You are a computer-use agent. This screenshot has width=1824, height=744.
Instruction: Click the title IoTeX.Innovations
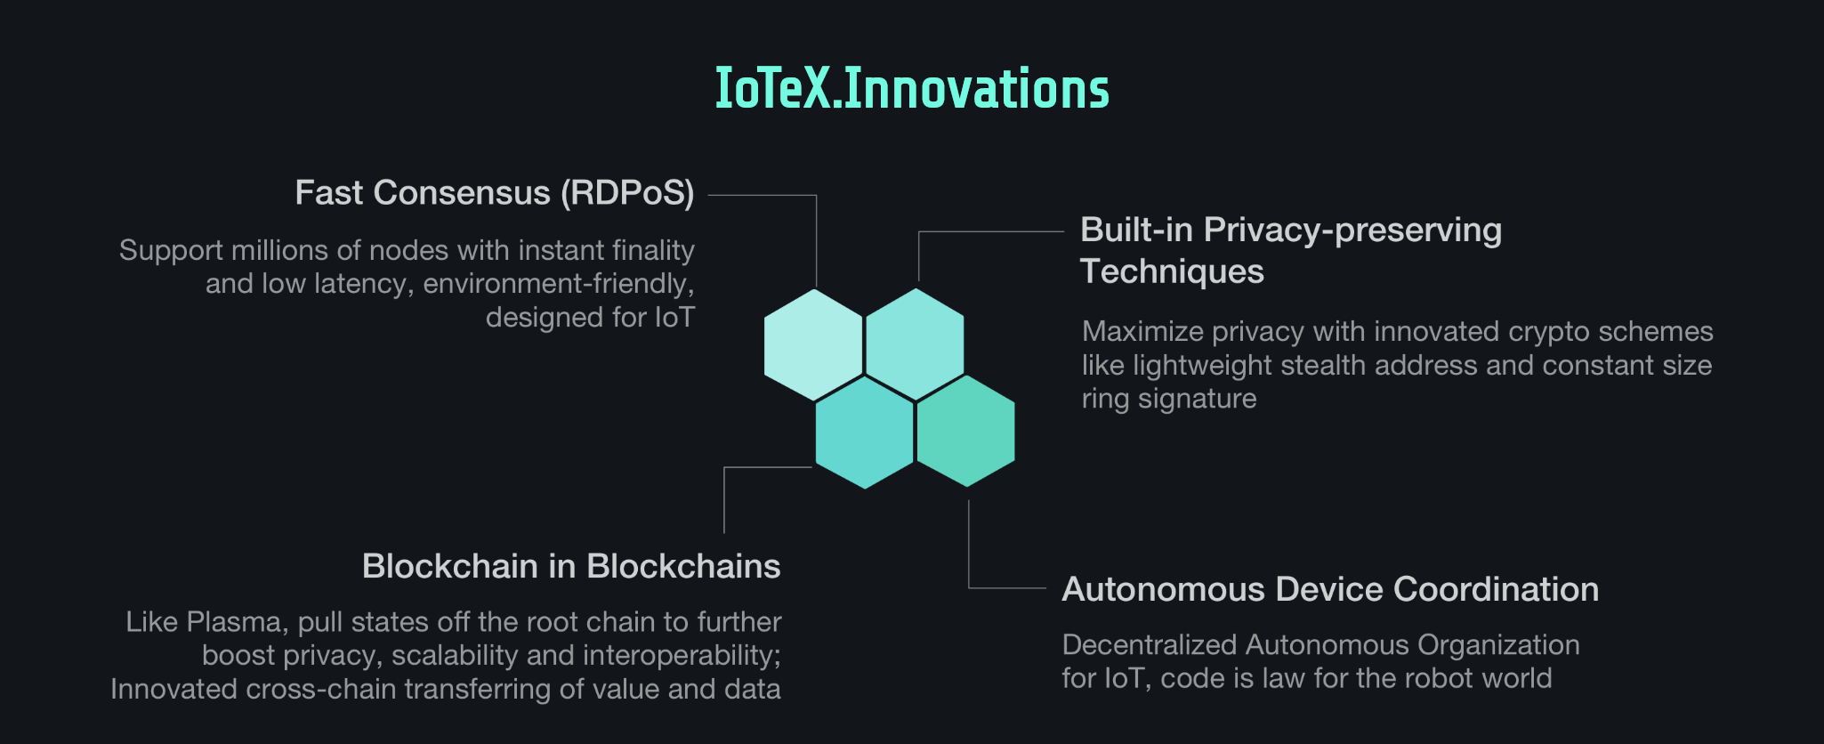pos(912,89)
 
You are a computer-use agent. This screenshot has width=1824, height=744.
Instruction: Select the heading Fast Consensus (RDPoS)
pos(495,193)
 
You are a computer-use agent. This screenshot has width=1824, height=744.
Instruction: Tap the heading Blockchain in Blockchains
pos(571,566)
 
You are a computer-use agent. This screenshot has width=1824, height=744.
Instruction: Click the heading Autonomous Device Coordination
pos(1330,589)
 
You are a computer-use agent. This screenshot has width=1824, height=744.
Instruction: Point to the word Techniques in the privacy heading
pos(1172,271)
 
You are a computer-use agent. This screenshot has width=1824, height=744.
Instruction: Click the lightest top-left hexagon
pos(813,344)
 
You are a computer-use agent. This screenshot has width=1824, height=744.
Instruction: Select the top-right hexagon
pos(915,344)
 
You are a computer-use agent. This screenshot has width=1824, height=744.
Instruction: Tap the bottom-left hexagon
pos(864,432)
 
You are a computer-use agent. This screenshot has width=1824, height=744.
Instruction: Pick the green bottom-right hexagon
pos(965,431)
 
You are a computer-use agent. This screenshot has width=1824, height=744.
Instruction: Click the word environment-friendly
pos(558,284)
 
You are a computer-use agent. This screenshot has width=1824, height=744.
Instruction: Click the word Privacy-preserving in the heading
pos(1352,230)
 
